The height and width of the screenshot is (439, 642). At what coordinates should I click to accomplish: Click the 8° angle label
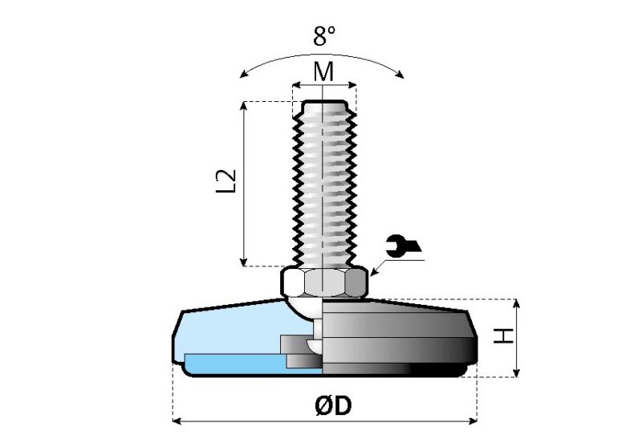323,35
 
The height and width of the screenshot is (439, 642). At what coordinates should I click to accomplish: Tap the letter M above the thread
323,71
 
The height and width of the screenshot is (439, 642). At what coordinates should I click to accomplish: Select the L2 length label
227,181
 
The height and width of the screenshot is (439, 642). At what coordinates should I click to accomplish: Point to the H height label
502,336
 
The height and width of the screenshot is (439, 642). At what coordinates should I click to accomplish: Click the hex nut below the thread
323,282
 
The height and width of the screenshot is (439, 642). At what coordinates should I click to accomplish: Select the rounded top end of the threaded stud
323,104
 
